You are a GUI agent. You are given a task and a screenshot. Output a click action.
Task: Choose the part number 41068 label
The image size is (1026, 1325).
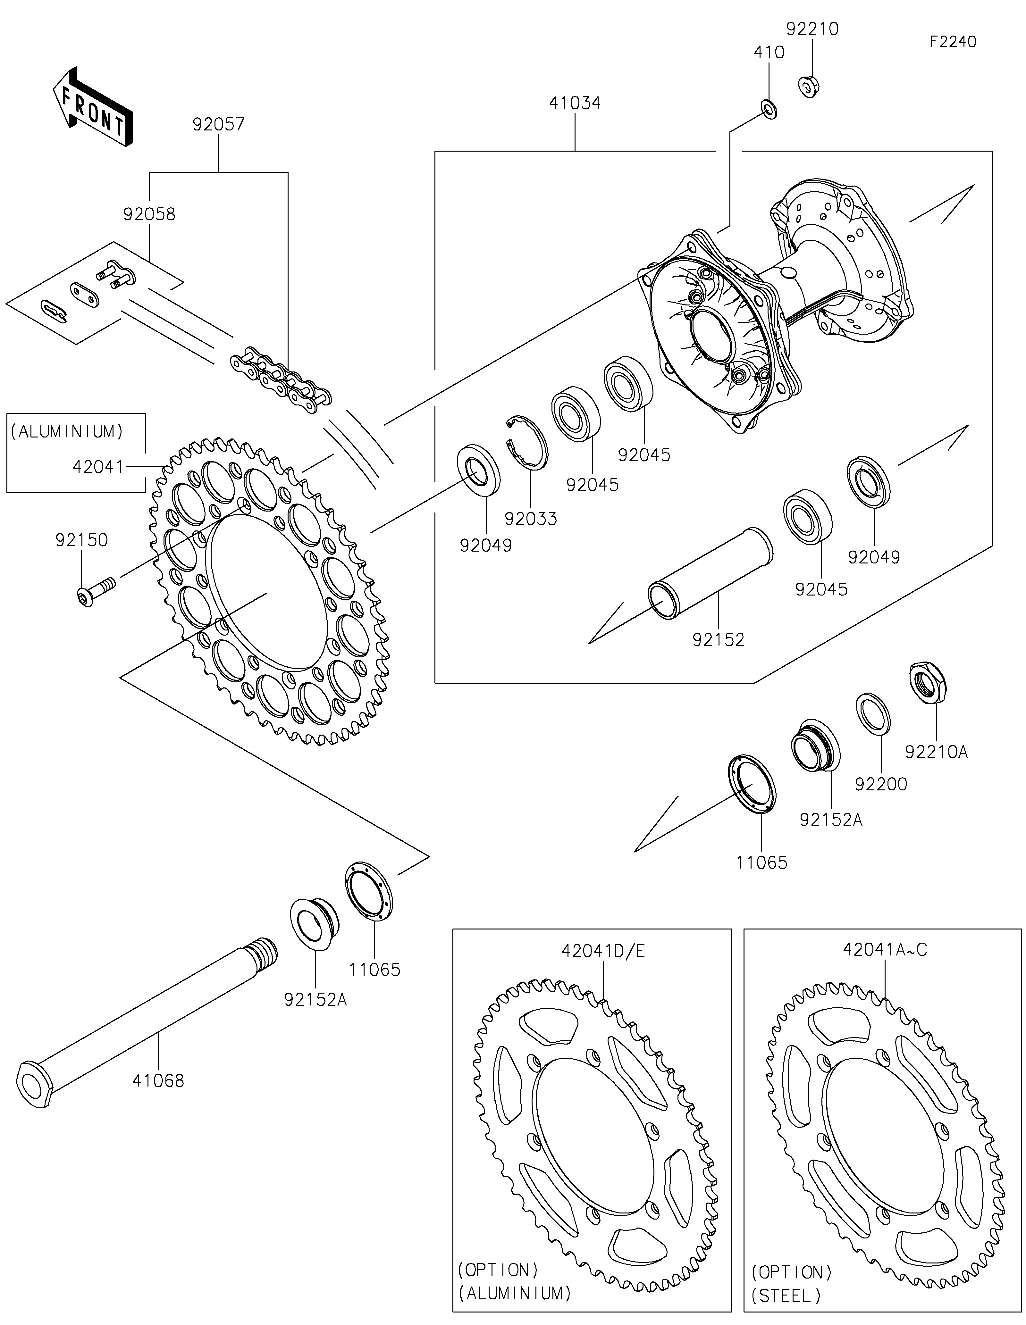pyautogui.click(x=158, y=1080)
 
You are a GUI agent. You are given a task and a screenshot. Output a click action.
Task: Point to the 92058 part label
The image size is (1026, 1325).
pyautogui.click(x=149, y=214)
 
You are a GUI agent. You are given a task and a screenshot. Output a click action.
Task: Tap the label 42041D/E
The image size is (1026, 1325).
pyautogui.click(x=603, y=951)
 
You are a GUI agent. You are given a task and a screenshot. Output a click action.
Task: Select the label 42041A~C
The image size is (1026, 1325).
pyautogui.click(x=885, y=949)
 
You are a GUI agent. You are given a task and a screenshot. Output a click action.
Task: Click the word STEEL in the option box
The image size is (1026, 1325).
pyautogui.click(x=786, y=1296)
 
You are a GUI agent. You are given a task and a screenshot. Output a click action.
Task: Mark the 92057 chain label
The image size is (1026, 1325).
pyautogui.click(x=218, y=124)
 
